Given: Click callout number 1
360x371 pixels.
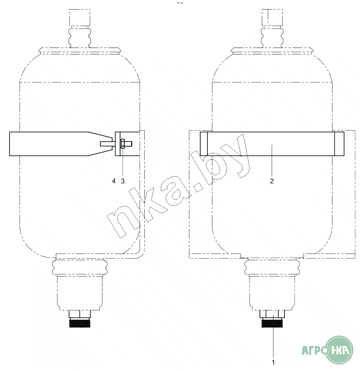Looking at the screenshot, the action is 273,362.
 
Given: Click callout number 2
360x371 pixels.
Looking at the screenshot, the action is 272,181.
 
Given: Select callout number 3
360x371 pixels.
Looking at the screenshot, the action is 123,181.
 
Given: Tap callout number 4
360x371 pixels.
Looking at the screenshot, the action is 114,181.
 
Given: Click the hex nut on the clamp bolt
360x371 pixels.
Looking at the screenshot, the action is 122,144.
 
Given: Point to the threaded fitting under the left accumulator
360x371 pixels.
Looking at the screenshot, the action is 80,322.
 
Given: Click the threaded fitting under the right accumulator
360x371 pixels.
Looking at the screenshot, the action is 272,322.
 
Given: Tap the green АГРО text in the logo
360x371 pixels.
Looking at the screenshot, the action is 315,350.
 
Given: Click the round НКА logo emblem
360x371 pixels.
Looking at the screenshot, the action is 339,350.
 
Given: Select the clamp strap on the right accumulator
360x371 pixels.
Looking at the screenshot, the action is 272,144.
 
